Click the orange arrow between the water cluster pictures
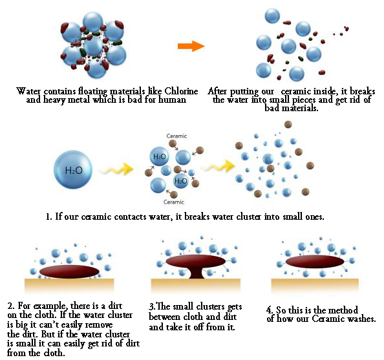191,46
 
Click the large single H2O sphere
73,170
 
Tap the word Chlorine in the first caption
181,91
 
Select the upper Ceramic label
176,136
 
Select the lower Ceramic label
174,202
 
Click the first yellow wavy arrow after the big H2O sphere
116,169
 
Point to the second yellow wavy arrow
218,167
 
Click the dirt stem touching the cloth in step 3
196,273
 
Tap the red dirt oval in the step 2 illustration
69,271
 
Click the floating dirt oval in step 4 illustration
315,262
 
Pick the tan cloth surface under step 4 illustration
315,285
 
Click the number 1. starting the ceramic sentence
49,217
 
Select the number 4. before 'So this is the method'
270,310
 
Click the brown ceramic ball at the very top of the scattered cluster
288,124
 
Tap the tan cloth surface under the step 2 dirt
69,285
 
